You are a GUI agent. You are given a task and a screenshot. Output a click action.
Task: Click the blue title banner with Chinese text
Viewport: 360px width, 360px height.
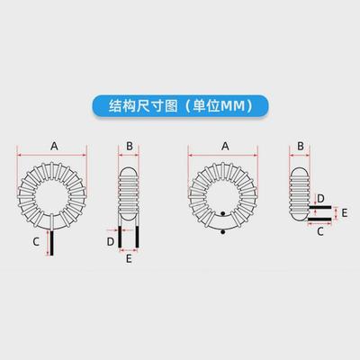click(x=180, y=105)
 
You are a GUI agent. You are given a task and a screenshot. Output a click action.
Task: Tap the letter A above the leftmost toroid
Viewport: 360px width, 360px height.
click(x=55, y=145)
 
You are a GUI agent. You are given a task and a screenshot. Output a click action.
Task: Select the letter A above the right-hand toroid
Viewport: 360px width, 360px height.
click(x=224, y=145)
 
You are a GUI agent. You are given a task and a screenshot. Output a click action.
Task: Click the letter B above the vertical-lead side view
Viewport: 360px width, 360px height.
click(x=130, y=145)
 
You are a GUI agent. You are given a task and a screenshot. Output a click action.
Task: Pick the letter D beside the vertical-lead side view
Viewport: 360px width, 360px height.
click(x=111, y=241)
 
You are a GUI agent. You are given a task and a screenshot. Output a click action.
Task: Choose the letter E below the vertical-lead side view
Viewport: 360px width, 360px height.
click(x=130, y=258)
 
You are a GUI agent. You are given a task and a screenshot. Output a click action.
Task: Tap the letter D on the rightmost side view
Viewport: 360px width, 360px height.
click(x=320, y=198)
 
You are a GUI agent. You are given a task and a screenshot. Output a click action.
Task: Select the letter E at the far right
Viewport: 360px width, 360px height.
click(x=345, y=213)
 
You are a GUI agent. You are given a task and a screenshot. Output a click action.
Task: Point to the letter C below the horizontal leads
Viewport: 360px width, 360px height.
click(x=320, y=231)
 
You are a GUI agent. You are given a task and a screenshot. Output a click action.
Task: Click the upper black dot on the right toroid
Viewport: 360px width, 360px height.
click(x=223, y=214)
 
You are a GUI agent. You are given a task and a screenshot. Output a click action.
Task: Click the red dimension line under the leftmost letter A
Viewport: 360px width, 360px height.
click(x=55, y=155)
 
